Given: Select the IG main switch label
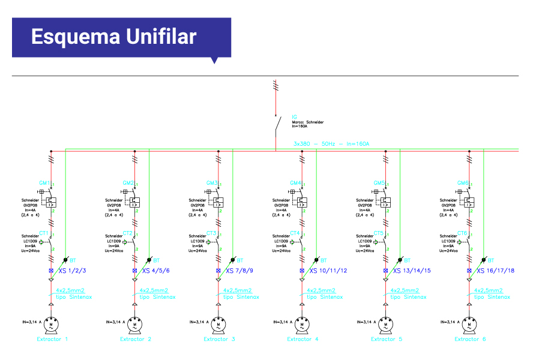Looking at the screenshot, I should point(294,116).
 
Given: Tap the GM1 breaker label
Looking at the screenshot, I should point(44,182).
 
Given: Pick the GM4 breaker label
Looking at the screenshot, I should point(295,182).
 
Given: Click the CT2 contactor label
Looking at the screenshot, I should point(127,233).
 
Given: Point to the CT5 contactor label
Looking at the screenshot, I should point(378,233).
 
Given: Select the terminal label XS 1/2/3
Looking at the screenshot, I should point(73,271).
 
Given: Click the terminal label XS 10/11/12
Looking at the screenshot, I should point(328,271).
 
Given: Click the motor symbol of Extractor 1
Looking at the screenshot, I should point(51,325).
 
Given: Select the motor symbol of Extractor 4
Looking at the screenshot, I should point(302,325).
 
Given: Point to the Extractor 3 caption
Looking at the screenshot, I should point(219,340).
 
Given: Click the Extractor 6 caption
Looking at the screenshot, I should point(470,340).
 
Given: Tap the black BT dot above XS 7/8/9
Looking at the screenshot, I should point(233,260).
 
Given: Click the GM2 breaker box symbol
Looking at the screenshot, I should point(135,202).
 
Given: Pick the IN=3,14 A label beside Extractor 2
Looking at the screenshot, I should point(115,322).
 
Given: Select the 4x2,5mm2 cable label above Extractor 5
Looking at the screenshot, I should point(401,291).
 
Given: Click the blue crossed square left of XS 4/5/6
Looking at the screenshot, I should point(134,271).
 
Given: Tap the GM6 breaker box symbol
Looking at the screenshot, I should point(470,202).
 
